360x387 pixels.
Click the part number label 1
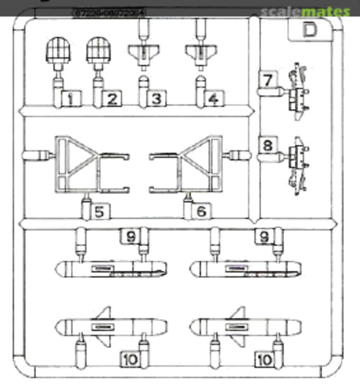pyautogui.click(x=71, y=99)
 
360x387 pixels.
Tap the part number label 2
pyautogui.click(x=112, y=99)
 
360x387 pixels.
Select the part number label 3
pyautogui.click(x=157, y=99)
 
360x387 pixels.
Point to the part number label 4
pyautogui.click(x=214, y=99)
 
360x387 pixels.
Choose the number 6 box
pyautogui.click(x=201, y=211)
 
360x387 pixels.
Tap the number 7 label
pyautogui.click(x=268, y=80)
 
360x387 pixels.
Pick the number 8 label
pyautogui.click(x=268, y=146)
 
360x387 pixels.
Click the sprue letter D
pyautogui.click(x=309, y=30)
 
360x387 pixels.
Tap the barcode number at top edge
pyautogui.click(x=109, y=13)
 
